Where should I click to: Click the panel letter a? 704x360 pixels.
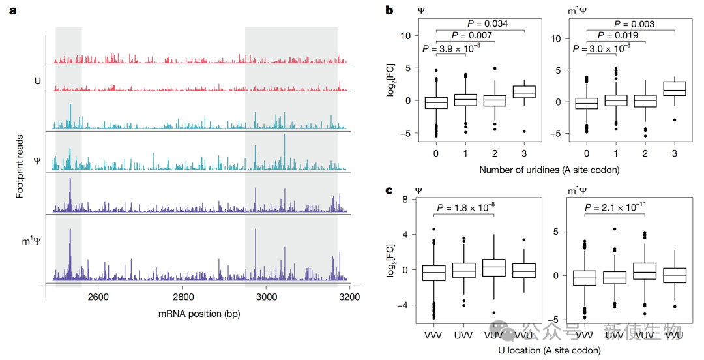[11, 11]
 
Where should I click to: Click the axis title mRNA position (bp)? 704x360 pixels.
[199, 314]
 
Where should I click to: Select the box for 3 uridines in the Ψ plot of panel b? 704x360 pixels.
[525, 92]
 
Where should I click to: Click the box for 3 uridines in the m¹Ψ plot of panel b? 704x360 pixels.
[675, 89]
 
